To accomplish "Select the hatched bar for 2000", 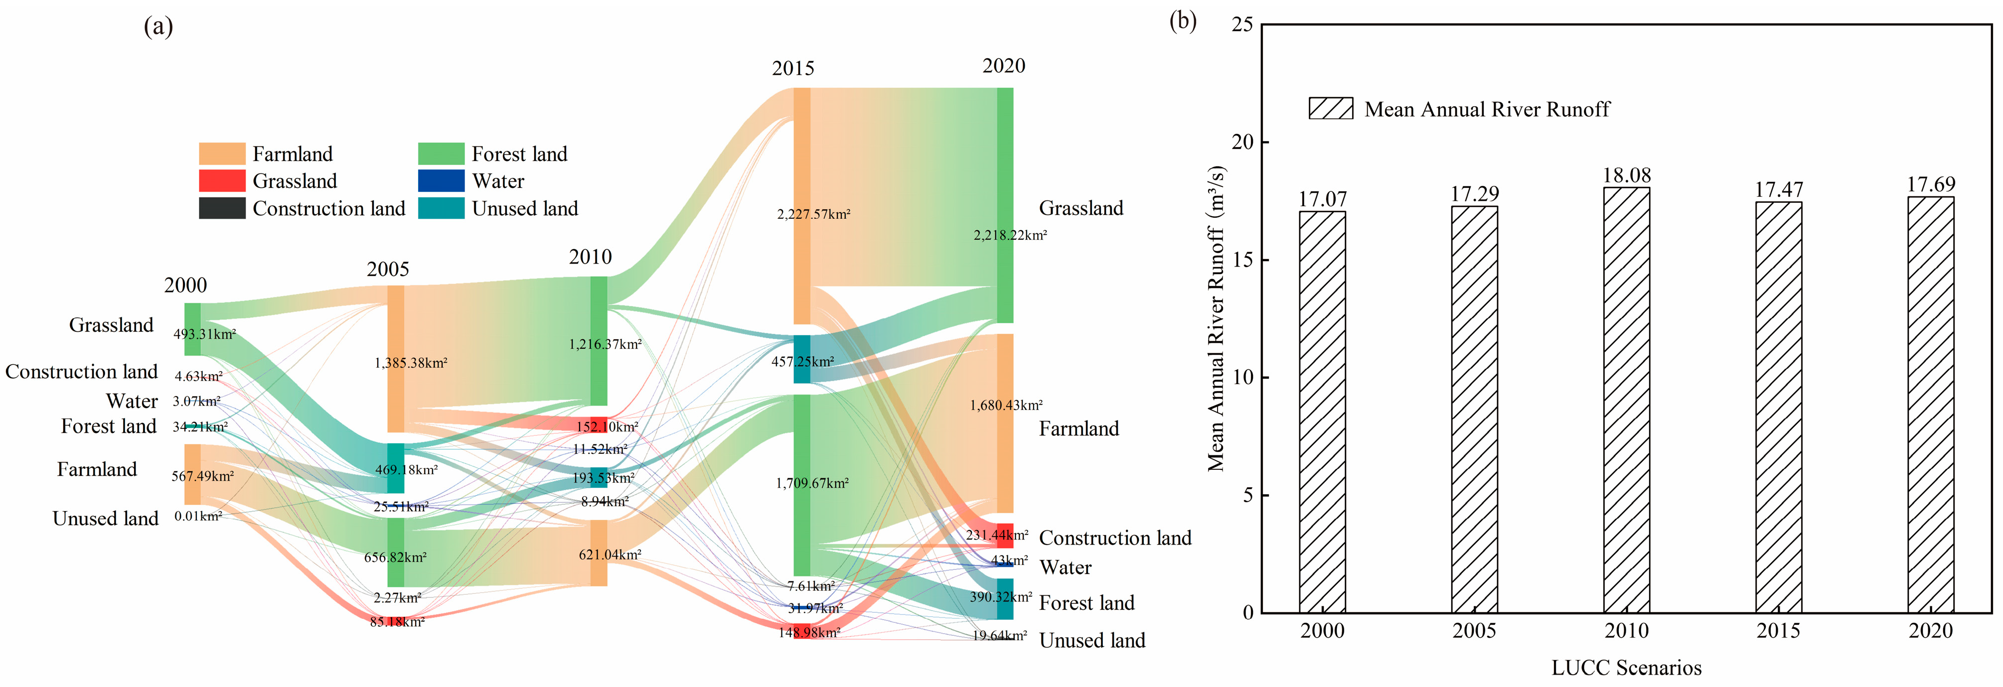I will (1322, 412).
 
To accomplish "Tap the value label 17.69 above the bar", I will (1931, 185).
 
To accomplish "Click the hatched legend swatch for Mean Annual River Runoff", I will (1330, 109).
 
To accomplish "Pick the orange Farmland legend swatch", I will (222, 154).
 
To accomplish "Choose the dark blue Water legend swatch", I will (441, 181).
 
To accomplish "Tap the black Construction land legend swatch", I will (222, 208).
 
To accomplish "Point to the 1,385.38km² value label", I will (411, 363).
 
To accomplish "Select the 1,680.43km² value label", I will (1006, 406).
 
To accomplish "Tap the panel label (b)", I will (1183, 21).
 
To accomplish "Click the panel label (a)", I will (158, 27).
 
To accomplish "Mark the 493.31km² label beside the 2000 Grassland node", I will (204, 334).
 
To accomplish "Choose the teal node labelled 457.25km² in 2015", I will (802, 359).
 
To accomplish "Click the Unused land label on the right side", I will (1091, 640).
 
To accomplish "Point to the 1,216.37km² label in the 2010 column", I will (605, 344).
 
